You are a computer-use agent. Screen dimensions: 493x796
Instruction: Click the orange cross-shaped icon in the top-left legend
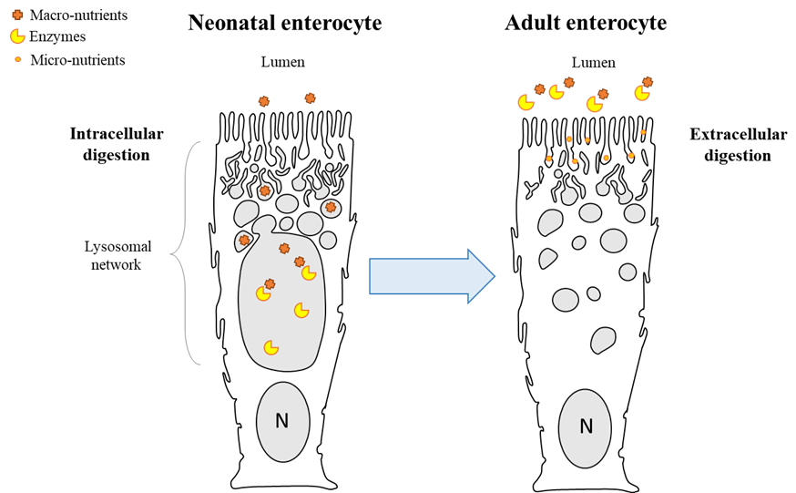[17, 15]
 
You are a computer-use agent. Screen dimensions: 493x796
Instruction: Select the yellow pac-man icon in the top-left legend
[17, 36]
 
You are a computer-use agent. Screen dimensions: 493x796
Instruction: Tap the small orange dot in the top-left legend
[18, 59]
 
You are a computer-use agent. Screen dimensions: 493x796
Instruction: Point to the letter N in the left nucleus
[282, 421]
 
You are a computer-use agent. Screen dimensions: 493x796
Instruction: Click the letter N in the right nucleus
[586, 426]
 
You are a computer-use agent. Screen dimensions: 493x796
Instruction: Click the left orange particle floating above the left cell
[264, 101]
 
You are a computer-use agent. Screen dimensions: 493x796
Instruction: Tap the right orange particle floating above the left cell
[310, 98]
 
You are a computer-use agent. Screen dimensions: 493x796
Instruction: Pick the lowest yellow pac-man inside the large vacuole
[270, 347]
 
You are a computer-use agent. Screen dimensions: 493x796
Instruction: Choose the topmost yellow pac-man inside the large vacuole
[309, 272]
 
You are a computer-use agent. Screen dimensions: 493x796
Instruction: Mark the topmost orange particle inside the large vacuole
[284, 249]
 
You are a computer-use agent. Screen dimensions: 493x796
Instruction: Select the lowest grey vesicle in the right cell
[603, 341]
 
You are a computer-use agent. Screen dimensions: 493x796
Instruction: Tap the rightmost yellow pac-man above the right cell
[642, 92]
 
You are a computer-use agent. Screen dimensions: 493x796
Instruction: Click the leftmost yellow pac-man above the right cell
[526, 102]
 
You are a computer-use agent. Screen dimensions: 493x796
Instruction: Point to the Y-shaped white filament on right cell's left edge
[536, 188]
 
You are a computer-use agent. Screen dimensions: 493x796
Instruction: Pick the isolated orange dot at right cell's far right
[643, 132]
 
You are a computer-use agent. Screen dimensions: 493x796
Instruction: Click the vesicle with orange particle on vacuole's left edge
[244, 241]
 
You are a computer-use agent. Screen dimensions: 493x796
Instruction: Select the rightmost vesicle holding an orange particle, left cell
[331, 208]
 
